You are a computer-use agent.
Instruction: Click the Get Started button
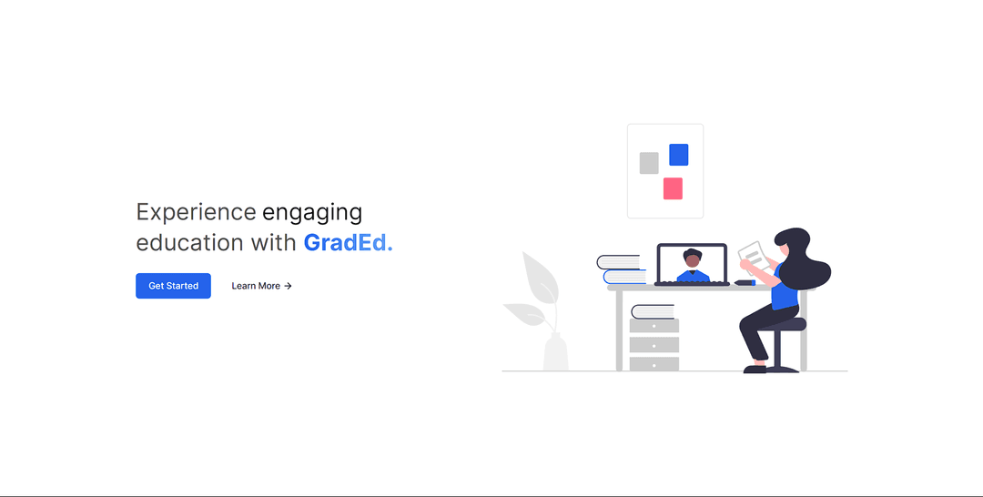(173, 286)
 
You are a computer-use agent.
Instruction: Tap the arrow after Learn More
(288, 286)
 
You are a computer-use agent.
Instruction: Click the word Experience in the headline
(197, 212)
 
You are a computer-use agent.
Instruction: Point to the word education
(190, 242)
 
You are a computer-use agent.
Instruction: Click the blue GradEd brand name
(348, 242)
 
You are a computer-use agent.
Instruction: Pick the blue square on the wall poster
(678, 155)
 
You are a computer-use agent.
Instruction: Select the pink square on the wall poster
(673, 188)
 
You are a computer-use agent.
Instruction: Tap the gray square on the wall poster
(649, 163)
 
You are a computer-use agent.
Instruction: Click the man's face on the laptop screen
(692, 259)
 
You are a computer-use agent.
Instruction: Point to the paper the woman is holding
(754, 256)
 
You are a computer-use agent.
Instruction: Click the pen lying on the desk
(745, 283)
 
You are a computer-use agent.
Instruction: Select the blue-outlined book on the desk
(624, 277)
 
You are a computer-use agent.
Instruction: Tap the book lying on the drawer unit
(653, 311)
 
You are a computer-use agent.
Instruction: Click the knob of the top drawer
(654, 326)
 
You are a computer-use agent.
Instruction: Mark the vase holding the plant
(555, 351)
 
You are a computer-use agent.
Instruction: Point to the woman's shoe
(755, 370)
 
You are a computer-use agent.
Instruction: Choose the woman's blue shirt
(785, 289)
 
